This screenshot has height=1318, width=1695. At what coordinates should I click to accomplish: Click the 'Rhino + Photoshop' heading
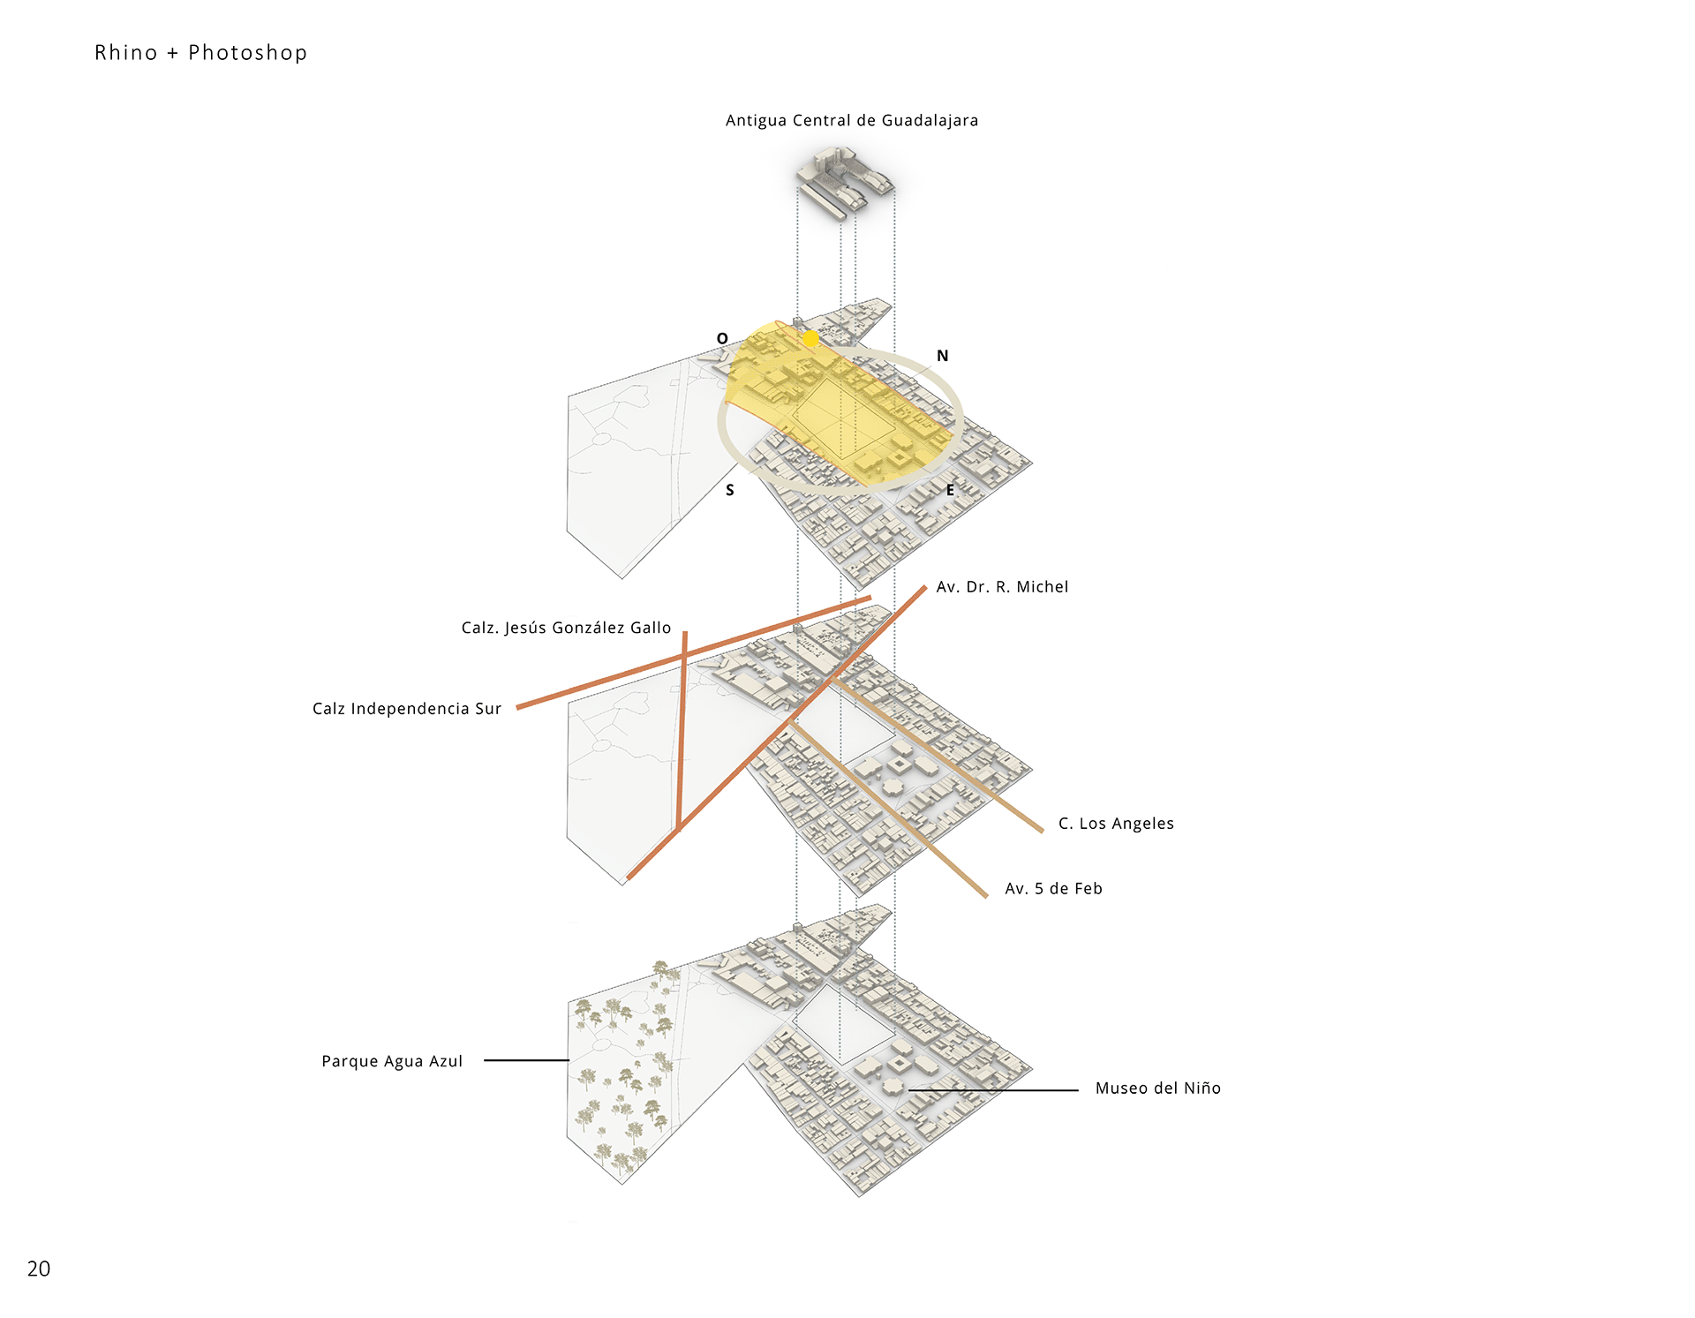coord(201,53)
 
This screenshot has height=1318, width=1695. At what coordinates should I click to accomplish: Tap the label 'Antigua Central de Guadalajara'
coord(852,121)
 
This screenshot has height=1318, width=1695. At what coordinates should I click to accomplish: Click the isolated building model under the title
coord(846,182)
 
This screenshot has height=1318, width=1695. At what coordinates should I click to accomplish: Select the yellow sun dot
coord(810,338)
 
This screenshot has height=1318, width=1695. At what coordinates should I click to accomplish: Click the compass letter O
coord(722,339)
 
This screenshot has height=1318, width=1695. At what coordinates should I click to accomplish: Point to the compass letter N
coord(943,356)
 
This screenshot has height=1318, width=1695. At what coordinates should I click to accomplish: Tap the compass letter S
coord(730,491)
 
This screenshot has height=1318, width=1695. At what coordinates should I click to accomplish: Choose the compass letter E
coord(950,490)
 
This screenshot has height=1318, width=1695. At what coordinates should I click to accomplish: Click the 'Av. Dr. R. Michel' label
coord(1002,587)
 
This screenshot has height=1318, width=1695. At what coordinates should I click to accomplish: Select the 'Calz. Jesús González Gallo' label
coord(567,628)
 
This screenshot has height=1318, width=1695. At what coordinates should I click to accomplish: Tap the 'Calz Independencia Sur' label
coord(407,709)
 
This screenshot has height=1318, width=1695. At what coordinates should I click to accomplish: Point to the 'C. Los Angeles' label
coord(1117,824)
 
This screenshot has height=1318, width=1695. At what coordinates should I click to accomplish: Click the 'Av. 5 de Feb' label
coord(1054,889)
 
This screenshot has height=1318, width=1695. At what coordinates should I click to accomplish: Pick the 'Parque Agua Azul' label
coord(392,1061)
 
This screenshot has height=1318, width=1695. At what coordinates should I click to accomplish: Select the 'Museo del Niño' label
coord(1158,1088)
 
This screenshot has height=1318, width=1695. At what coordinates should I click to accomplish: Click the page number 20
coord(39,1269)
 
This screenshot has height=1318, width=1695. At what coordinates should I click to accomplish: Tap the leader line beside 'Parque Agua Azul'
coord(526,1060)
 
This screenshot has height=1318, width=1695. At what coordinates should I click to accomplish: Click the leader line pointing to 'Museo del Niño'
coord(993,1090)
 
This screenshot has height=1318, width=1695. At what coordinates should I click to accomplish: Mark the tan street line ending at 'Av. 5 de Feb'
coord(889,810)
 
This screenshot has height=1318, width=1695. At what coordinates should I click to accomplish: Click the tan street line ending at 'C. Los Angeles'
coord(938,755)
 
